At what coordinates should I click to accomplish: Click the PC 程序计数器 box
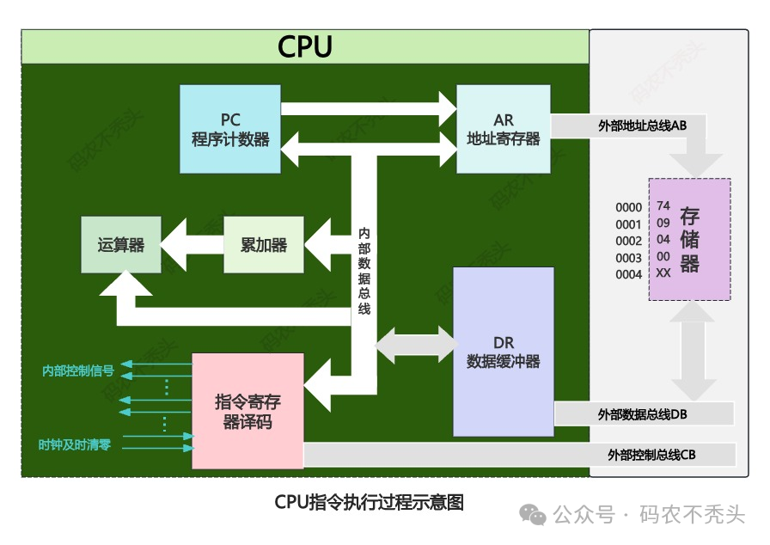pyautogui.click(x=230, y=129)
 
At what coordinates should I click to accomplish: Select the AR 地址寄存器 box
pyautogui.click(x=504, y=129)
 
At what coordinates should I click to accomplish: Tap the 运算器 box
pyautogui.click(x=121, y=244)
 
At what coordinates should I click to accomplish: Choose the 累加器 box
pyautogui.click(x=264, y=244)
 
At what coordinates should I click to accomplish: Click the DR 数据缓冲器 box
pyautogui.click(x=504, y=352)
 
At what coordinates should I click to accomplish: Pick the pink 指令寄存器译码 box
pyautogui.click(x=247, y=411)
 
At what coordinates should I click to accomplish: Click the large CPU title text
pyautogui.click(x=305, y=46)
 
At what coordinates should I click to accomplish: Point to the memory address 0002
pyautogui.click(x=628, y=241)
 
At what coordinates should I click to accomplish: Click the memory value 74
pyautogui.click(x=663, y=205)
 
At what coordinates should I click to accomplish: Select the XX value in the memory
pyautogui.click(x=663, y=273)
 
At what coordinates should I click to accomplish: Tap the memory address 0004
pyautogui.click(x=628, y=274)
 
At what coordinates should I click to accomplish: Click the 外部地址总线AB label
pyautogui.click(x=642, y=126)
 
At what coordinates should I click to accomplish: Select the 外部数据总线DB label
pyautogui.click(x=642, y=414)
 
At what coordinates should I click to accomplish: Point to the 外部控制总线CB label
pyautogui.click(x=651, y=455)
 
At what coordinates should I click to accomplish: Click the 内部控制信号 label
pyautogui.click(x=78, y=370)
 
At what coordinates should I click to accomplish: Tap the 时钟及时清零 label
pyautogui.click(x=75, y=444)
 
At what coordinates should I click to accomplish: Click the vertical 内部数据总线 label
pyautogui.click(x=364, y=271)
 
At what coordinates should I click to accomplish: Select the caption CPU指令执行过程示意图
pyautogui.click(x=369, y=502)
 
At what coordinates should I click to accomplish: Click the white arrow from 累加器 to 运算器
pyautogui.click(x=192, y=244)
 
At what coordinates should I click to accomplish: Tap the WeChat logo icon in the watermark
pyautogui.click(x=533, y=515)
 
